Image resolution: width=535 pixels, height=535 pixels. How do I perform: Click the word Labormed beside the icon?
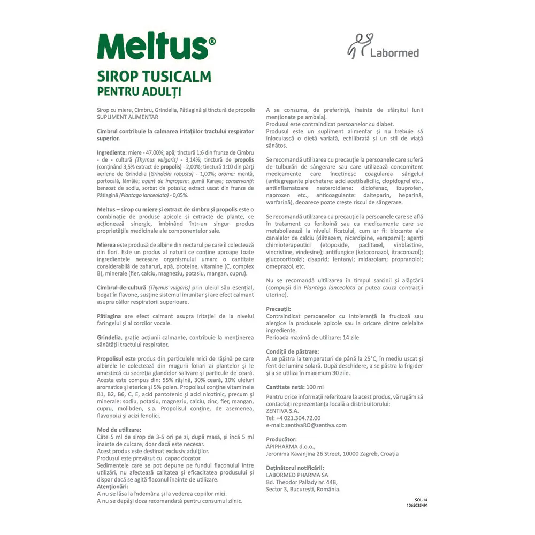(x=394, y=52)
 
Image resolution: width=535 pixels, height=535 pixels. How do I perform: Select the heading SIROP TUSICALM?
(x=154, y=76)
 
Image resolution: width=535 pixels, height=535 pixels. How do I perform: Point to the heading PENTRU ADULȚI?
(x=139, y=91)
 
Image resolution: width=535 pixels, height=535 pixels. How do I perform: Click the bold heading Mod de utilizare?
(x=119, y=430)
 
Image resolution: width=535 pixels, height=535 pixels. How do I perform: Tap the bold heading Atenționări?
(x=112, y=486)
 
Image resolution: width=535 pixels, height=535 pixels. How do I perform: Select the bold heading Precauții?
(x=278, y=309)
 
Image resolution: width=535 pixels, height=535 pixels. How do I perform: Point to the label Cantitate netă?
(x=285, y=387)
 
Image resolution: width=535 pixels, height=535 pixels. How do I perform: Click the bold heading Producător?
(x=281, y=439)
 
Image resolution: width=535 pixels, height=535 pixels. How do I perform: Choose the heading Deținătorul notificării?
(x=295, y=468)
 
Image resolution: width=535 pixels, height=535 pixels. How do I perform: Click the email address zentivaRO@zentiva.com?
(x=306, y=425)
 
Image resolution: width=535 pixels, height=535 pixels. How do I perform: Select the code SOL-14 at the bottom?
(x=421, y=499)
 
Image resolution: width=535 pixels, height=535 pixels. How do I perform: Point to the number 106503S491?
(x=417, y=505)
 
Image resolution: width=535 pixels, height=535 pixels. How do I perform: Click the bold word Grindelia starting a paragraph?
(x=109, y=338)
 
